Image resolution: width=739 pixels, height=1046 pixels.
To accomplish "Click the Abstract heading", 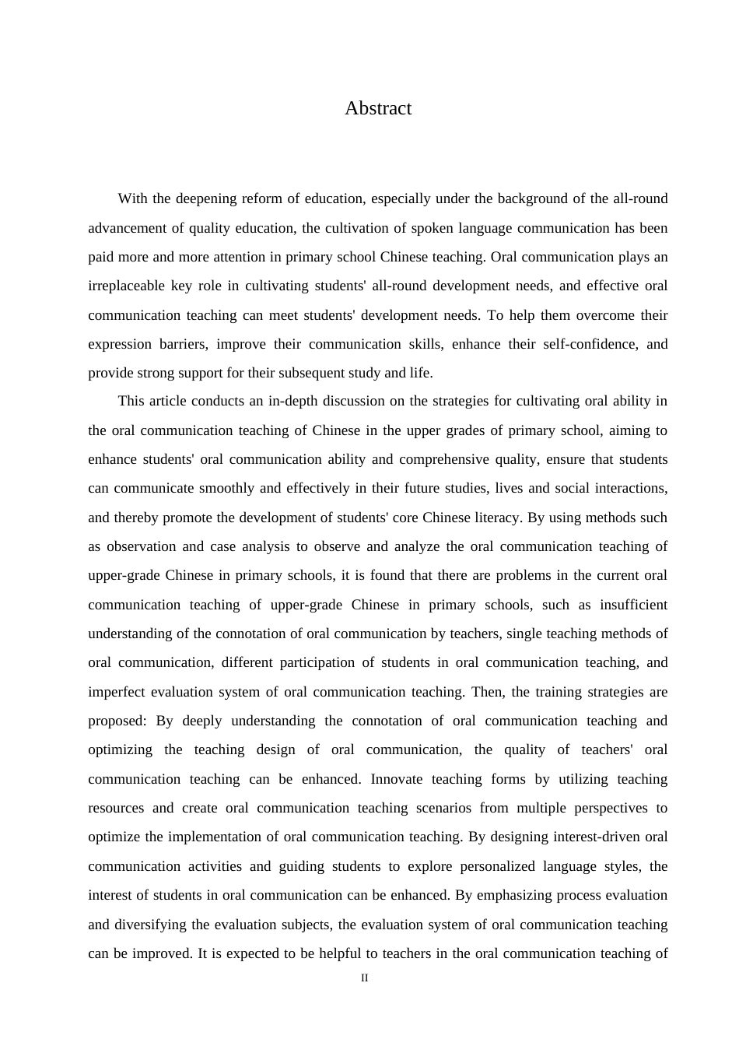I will tap(378, 108).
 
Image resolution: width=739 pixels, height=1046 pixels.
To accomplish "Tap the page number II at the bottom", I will tap(364, 978).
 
